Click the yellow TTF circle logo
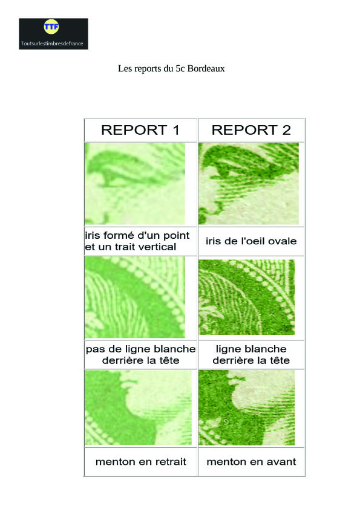coord(51,27)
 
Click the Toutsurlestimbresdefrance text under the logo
coord(52,44)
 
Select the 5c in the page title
coord(180,68)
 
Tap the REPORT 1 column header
coord(140,130)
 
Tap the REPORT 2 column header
coord(251,130)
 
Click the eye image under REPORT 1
coord(135,184)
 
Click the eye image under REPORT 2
coord(249,184)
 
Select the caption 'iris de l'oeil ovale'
coord(251,241)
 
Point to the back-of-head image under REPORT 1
coord(135,297)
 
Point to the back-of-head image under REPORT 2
coord(247,297)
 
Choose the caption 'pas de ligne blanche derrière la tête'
coord(141,355)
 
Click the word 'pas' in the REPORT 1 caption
coord(94,349)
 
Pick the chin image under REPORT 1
coord(139,407)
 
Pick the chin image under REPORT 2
coord(247,407)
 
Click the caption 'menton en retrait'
coord(141,462)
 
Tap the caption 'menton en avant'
coord(251,462)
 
